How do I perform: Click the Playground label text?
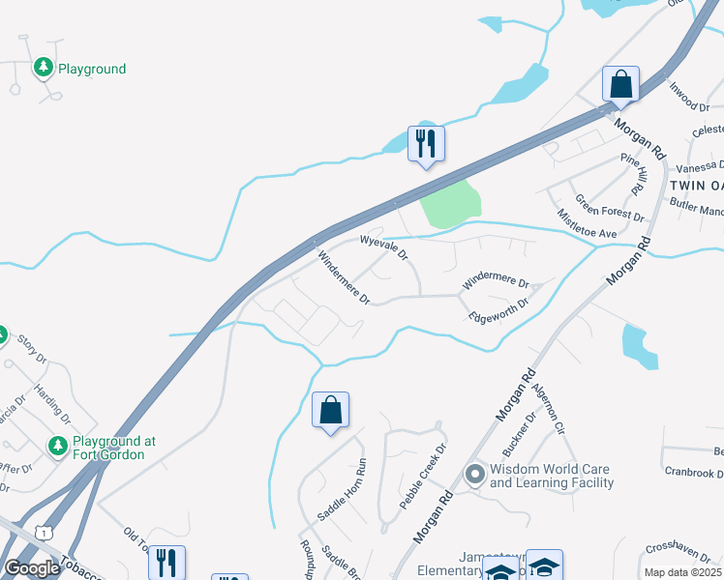point(92,69)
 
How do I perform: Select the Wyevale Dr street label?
point(383,246)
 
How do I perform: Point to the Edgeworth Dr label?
point(498,309)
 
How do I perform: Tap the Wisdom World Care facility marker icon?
point(474,474)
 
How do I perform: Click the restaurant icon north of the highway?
point(425,144)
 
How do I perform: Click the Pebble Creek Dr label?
point(425,478)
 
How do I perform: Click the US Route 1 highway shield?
point(43,532)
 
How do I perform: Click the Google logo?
point(32,567)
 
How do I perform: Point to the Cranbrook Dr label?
point(694,474)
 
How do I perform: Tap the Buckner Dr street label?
point(523,438)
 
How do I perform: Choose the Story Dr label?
point(31,349)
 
